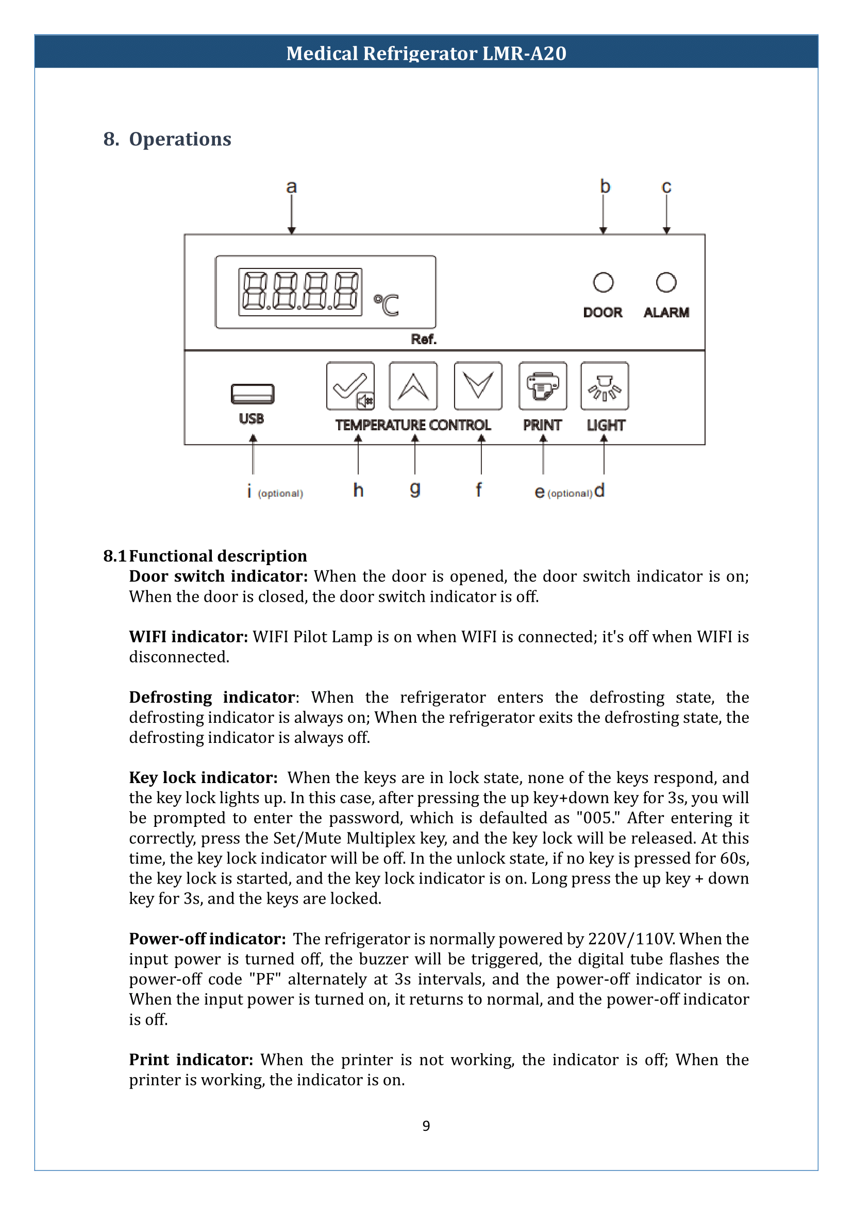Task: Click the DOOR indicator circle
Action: (x=603, y=282)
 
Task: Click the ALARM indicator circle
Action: (x=666, y=282)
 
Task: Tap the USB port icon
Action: (x=253, y=394)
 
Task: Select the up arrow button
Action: (x=413, y=386)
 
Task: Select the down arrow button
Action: (x=478, y=386)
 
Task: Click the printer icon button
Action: (x=543, y=386)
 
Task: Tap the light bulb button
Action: (x=605, y=386)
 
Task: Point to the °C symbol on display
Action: (x=387, y=305)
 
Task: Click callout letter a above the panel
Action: (x=292, y=186)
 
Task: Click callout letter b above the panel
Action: (x=605, y=186)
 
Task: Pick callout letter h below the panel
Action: (x=358, y=490)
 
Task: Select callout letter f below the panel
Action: (x=478, y=490)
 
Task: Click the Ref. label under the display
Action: (x=423, y=339)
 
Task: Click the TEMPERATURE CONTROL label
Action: (x=413, y=425)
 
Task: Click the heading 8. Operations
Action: (x=168, y=139)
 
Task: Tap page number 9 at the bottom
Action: (x=426, y=1126)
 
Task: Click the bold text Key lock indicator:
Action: (x=203, y=777)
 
